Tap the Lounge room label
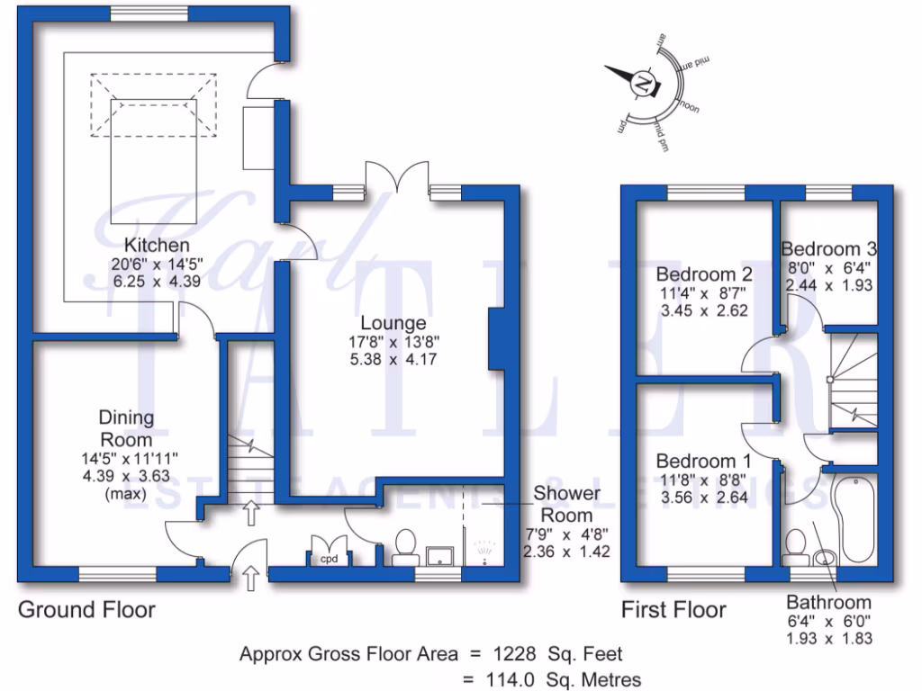pos(393,323)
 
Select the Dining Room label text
pos(126,429)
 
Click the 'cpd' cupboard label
pos(326,559)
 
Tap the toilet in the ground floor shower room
pos(403,544)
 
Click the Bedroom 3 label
pos(828,249)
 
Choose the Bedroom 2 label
pos(704,274)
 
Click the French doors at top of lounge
pos(397,176)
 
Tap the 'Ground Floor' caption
pos(86,610)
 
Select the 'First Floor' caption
pos(673,610)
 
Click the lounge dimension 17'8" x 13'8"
pos(393,341)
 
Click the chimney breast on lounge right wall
pos(496,338)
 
